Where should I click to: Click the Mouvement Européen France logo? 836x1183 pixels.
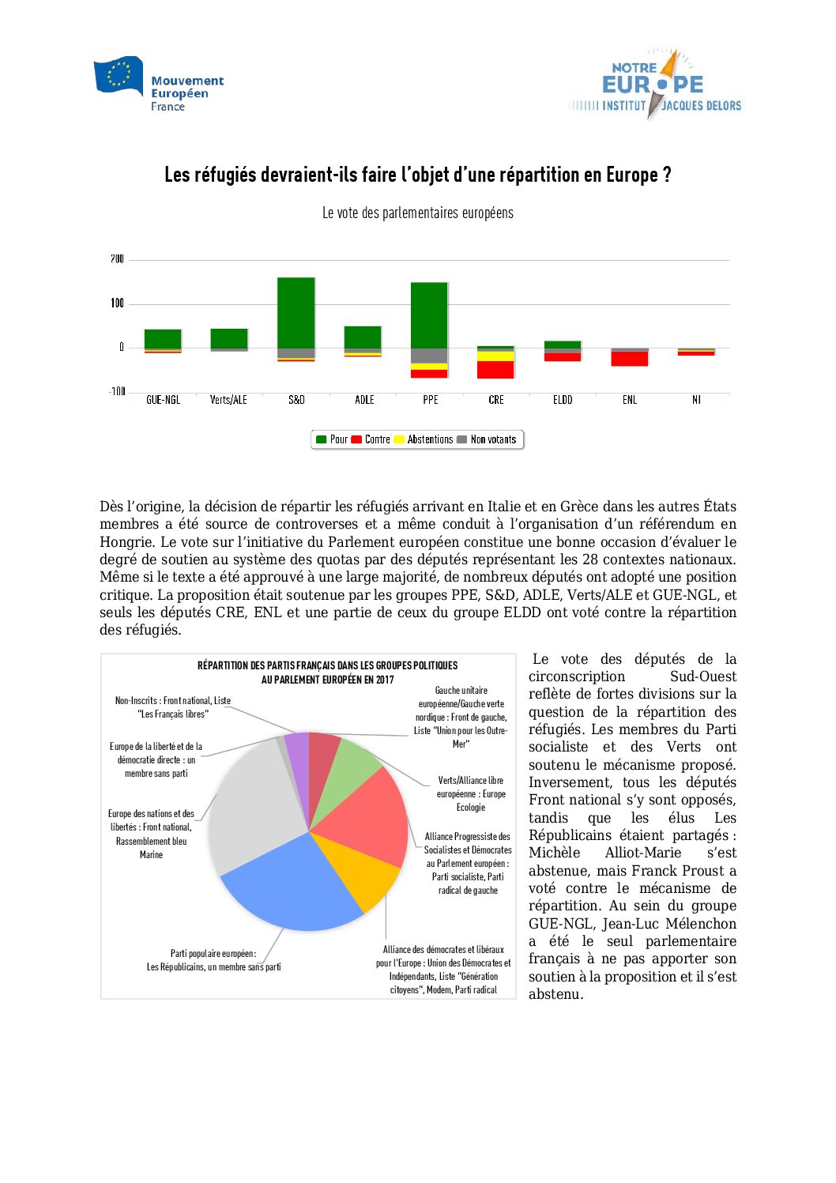[x=159, y=84]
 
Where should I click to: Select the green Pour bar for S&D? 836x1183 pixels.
[x=296, y=312]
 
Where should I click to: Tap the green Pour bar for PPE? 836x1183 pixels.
[x=429, y=315]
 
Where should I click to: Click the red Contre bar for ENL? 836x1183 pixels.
[x=630, y=359]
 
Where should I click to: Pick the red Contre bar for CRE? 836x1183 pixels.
[x=495, y=369]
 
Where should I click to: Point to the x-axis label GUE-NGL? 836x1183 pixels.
[x=163, y=400]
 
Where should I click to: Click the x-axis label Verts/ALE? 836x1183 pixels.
[x=228, y=400]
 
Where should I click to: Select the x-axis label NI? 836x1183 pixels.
[x=696, y=400]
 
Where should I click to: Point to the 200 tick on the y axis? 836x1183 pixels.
[x=117, y=259]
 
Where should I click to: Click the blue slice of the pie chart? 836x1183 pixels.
[x=292, y=885]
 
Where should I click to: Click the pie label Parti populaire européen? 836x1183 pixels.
[x=213, y=953]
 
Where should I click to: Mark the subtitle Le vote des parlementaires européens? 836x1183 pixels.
[x=417, y=213]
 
